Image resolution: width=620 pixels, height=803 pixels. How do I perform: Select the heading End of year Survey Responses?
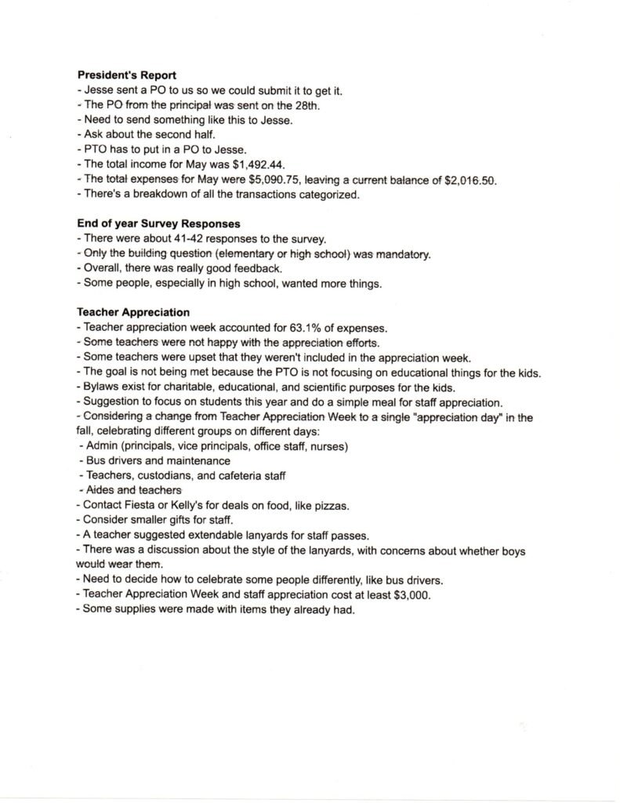[158, 223]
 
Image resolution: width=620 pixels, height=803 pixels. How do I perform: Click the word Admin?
[100, 447]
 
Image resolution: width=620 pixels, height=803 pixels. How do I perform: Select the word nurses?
[328, 447]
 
